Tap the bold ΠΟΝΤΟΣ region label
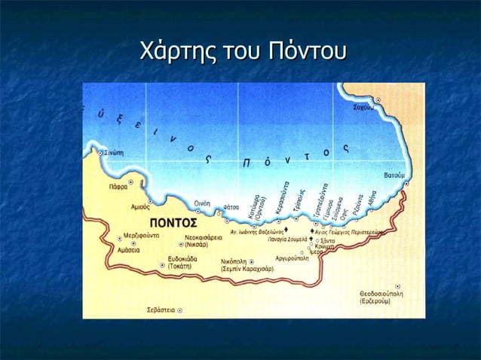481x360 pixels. (173, 224)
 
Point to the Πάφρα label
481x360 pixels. (118, 185)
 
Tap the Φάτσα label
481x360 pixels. (231, 206)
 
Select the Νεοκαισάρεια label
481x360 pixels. (205, 236)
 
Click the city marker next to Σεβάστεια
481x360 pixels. (179, 309)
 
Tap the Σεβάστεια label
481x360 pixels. (161, 309)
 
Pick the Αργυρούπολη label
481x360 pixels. (293, 258)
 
